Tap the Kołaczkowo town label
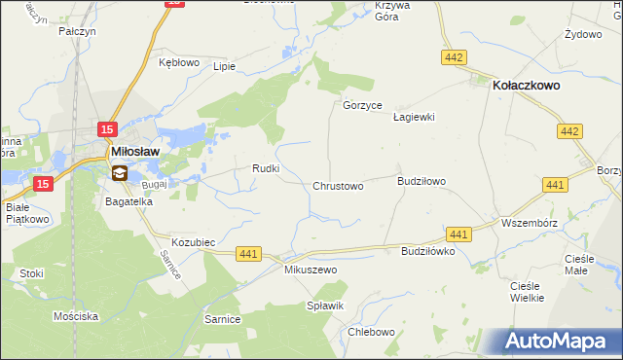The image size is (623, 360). click(x=527, y=85)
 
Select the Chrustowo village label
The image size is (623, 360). click(x=338, y=186)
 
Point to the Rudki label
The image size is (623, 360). click(x=267, y=168)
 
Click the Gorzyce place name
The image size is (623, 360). click(x=363, y=105)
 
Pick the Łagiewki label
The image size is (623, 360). click(x=413, y=117)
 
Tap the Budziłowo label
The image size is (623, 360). click(x=421, y=181)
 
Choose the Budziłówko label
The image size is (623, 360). click(x=428, y=250)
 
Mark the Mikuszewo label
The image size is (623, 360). click(x=310, y=269)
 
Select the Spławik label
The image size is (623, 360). click(x=326, y=306)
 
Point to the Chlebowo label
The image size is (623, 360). click(x=371, y=331)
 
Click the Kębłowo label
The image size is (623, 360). click(x=179, y=62)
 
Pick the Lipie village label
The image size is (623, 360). click(x=225, y=67)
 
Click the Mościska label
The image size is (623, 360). click(x=76, y=317)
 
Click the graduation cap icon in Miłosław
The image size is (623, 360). click(x=119, y=173)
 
